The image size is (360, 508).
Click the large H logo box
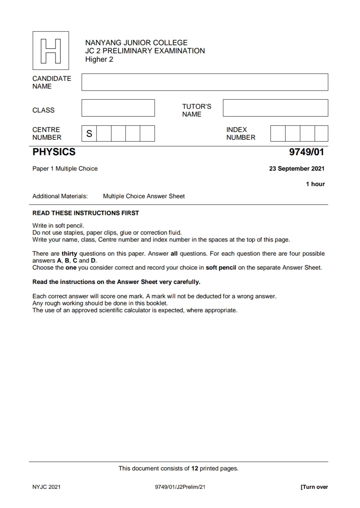tap(51, 50)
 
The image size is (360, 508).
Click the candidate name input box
tap(205, 82)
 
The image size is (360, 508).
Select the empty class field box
tap(118, 108)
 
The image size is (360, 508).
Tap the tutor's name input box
tap(275, 108)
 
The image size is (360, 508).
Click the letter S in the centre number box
tap(89, 134)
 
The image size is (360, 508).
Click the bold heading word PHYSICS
tap(54, 152)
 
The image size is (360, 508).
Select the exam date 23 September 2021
tap(297, 168)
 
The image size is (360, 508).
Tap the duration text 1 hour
tap(315, 184)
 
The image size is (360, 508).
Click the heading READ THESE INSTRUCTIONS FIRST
tap(86, 213)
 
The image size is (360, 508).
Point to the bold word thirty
tap(69, 253)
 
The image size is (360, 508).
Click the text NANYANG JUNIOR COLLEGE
tap(136, 43)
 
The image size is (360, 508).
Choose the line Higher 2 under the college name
tap(99, 59)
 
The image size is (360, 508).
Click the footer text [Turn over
tap(314, 487)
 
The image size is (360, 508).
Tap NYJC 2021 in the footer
tap(46, 487)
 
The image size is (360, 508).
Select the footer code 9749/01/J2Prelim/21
tap(180, 487)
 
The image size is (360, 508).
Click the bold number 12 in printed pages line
tap(195, 468)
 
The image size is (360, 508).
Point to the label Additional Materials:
tap(60, 196)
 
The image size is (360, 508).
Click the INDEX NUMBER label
tap(241, 134)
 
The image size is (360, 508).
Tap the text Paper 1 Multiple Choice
tap(65, 168)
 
